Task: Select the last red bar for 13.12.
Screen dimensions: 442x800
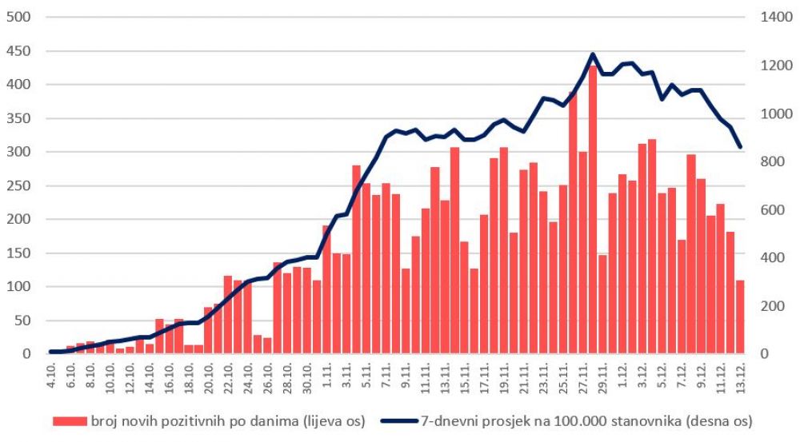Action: pyautogui.click(x=740, y=317)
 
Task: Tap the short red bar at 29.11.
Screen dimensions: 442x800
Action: pyautogui.click(x=602, y=304)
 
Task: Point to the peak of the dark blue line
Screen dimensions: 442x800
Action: pyautogui.click(x=593, y=54)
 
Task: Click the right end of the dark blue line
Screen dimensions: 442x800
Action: pyautogui.click(x=740, y=147)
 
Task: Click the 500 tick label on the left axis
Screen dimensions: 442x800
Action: pyautogui.click(x=18, y=17)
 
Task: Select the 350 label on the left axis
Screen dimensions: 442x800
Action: pyautogui.click(x=18, y=118)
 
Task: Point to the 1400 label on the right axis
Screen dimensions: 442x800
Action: pyautogui.click(x=774, y=17)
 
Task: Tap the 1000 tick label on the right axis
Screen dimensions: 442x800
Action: pyautogui.click(x=774, y=113)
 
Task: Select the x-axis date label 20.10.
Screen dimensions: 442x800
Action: pyautogui.click(x=209, y=375)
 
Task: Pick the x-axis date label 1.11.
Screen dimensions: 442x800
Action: pyautogui.click(x=326, y=373)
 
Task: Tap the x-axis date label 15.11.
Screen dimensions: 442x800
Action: pyautogui.click(x=464, y=375)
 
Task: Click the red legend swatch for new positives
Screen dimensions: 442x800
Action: pyautogui.click(x=70, y=420)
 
